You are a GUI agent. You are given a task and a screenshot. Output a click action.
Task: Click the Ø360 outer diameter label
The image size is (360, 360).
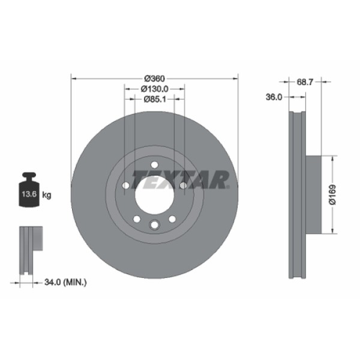click(x=155, y=79)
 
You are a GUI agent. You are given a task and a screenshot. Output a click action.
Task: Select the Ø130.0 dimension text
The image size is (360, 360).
click(x=155, y=88)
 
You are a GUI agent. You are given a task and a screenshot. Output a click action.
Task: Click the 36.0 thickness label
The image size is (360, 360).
click(x=274, y=98)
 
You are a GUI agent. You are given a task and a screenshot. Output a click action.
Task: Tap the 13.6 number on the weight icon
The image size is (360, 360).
click(x=28, y=195)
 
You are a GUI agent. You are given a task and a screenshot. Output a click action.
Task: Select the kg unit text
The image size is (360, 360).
click(x=47, y=195)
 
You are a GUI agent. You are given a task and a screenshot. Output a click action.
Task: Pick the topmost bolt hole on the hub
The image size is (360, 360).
click(x=154, y=166)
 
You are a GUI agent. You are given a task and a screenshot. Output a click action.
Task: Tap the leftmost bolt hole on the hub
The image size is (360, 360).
click(x=125, y=185)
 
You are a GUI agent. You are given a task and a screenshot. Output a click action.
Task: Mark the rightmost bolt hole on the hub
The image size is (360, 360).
click(x=182, y=185)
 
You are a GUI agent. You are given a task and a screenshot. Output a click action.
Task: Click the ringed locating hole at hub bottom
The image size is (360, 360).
click(x=154, y=224)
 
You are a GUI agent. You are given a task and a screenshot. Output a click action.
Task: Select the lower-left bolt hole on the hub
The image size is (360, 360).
click(x=136, y=218)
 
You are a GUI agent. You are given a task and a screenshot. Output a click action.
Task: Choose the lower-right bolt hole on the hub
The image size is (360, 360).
click(x=172, y=218)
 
